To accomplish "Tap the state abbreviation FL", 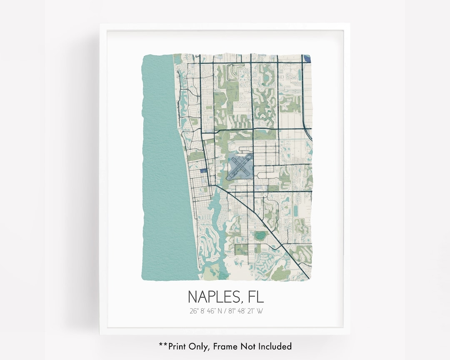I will coord(255,297).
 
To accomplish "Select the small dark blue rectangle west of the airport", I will coord(203,170).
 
